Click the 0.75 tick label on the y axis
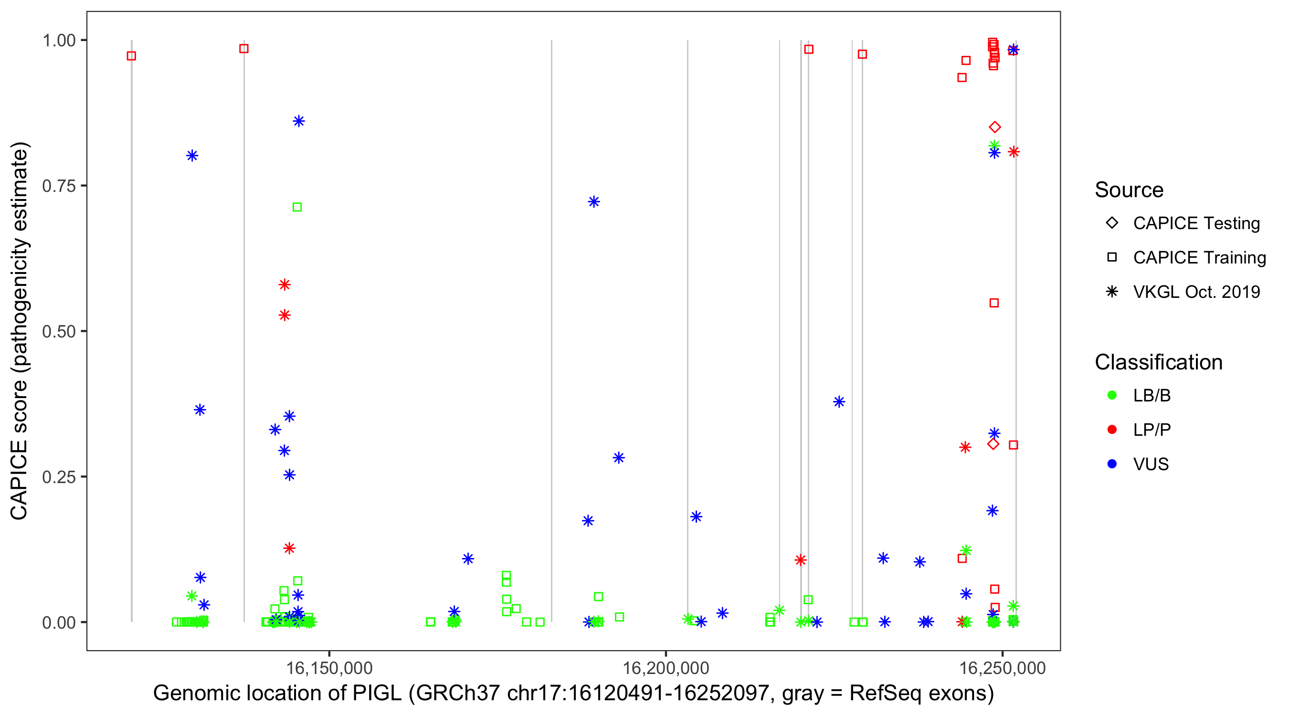[58, 186]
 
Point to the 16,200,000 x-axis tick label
[666, 668]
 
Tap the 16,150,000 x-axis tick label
[329, 668]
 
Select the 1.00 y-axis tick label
[58, 41]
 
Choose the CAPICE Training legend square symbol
[1112, 258]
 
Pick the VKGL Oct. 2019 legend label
[1196, 292]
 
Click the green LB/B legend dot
[1112, 395]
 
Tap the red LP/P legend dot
[1112, 430]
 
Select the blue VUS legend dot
[1112, 464]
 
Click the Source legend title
[1129, 190]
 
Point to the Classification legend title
[1158, 362]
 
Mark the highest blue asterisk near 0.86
[299, 121]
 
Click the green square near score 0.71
[297, 207]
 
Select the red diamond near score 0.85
[995, 127]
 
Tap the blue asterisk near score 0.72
[594, 201]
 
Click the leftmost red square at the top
[131, 56]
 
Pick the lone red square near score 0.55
[994, 303]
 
